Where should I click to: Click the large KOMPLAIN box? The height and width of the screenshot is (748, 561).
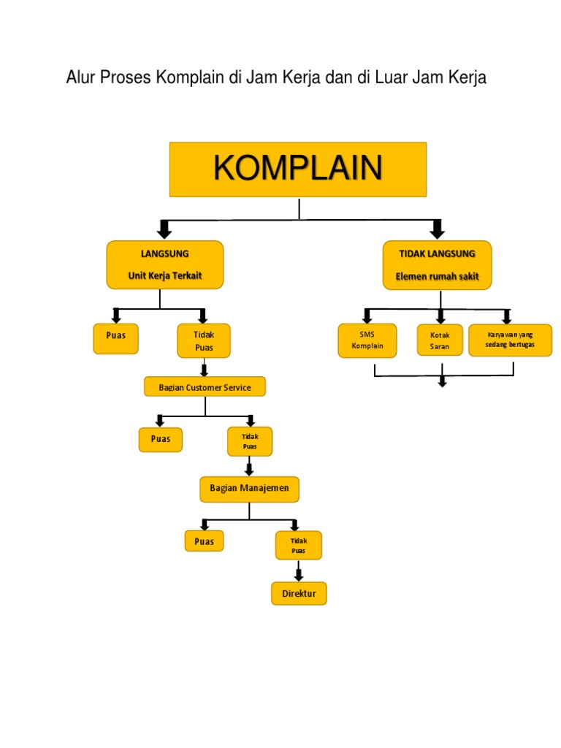[298, 169]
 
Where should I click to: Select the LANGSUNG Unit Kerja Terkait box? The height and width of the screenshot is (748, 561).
[165, 264]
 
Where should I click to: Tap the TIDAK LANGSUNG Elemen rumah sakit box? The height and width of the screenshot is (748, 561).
[437, 264]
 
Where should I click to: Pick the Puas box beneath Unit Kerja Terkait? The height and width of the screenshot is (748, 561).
[115, 339]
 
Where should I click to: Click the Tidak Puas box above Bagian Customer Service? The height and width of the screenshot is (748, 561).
[204, 340]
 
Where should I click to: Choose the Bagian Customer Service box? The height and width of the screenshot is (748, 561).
[205, 386]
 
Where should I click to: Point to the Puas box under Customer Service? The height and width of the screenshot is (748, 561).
[161, 439]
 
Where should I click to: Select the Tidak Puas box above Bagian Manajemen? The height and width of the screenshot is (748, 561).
[250, 441]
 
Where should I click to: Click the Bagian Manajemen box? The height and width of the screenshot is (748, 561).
[249, 489]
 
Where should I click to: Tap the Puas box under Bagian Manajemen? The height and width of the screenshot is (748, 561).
[204, 541]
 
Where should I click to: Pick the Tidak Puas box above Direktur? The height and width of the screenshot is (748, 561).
[298, 545]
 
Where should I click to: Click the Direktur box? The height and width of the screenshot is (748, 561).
[299, 593]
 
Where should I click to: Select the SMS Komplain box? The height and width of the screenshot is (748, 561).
[367, 340]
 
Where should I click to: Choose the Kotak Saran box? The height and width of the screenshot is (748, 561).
[440, 340]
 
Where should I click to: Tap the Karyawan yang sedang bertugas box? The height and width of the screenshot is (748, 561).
[510, 340]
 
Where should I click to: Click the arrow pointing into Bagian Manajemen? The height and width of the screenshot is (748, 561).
[249, 467]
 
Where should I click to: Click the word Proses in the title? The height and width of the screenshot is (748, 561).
[125, 77]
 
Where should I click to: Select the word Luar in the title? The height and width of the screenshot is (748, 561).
[392, 77]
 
